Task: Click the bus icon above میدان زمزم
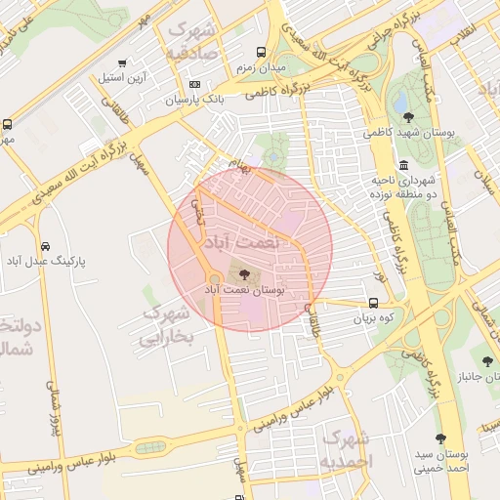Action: tap(260, 53)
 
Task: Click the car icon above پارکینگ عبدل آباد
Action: tap(46, 245)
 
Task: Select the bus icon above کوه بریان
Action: tap(374, 303)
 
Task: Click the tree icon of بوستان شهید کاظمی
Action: tap(408, 117)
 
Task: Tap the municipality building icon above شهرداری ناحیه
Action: tap(404, 164)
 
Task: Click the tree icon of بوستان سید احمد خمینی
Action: tap(440, 438)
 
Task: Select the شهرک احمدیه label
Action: tap(347, 448)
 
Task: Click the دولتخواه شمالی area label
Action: tap(17, 336)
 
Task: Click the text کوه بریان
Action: tap(373, 318)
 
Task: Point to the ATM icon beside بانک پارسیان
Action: tap(194, 84)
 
